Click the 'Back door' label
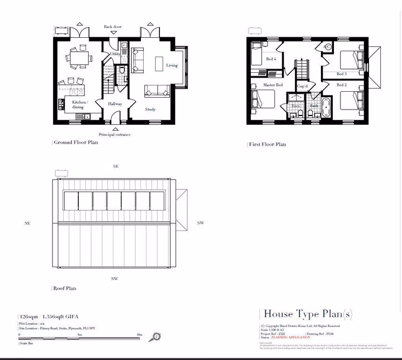pyautogui.click(x=113, y=26)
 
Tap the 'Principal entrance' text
pyautogui.click(x=115, y=134)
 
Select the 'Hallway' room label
pyautogui.click(x=115, y=104)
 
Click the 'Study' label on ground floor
pyautogui.click(x=150, y=110)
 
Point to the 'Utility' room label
pyautogui.click(x=115, y=54)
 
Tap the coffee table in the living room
pyautogui.click(x=159, y=64)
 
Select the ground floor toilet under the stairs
pyautogui.click(x=123, y=71)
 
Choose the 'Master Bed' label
pyautogui.click(x=273, y=85)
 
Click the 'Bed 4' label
pyautogui.click(x=271, y=59)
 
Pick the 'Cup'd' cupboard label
pyautogui.click(x=302, y=86)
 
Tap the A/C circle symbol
pyautogui.click(x=327, y=47)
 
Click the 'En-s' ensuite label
pyautogui.click(x=296, y=106)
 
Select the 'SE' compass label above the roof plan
pyautogui.click(x=116, y=167)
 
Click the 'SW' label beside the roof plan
pyautogui.click(x=200, y=223)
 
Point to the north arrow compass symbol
pyautogui.click(x=156, y=337)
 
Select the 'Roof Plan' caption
pyautogui.click(x=64, y=288)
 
